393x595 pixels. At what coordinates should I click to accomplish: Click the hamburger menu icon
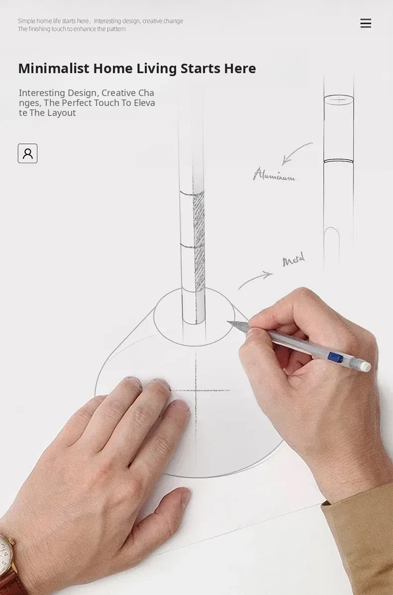[366, 23]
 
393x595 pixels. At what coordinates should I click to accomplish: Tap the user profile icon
[28, 153]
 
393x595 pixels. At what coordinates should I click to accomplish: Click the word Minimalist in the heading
[54, 68]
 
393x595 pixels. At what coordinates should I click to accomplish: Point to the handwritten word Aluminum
[274, 175]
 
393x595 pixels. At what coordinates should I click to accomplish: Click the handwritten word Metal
[294, 260]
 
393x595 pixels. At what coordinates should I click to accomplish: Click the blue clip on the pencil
[335, 357]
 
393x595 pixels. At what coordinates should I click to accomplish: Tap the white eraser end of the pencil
[365, 366]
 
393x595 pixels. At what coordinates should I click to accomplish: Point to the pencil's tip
[228, 322]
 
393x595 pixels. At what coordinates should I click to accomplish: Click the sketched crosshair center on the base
[196, 390]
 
